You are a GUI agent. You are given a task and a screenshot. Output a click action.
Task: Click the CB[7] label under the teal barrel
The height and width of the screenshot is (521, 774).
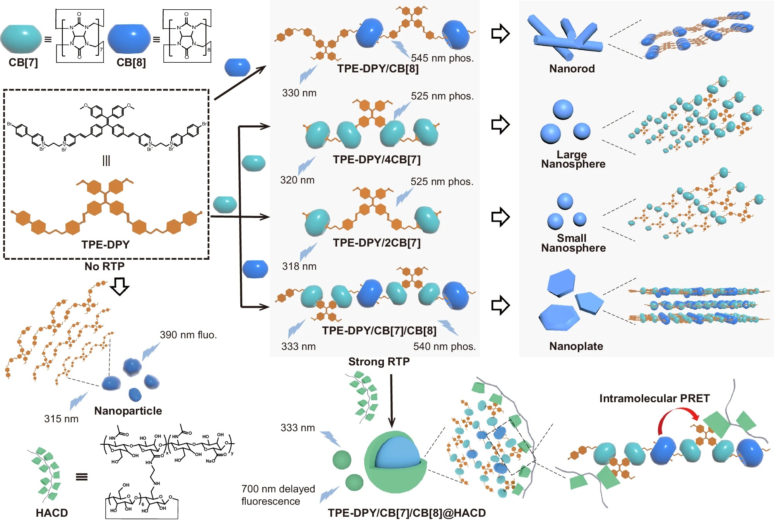point(23,62)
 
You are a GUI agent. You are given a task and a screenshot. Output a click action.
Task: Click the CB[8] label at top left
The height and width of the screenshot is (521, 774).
point(131,62)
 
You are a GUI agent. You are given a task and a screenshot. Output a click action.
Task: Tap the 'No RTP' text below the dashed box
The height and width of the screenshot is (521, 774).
point(104,266)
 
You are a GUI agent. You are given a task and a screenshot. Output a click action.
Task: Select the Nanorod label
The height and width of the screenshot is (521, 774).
point(572,69)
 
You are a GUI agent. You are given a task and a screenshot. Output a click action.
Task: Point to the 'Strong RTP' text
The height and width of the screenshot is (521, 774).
point(379,362)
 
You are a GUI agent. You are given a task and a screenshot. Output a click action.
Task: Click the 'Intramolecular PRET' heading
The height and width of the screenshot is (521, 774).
point(654,398)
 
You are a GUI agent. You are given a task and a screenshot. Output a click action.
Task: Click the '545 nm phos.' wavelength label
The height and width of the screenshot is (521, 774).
point(442,58)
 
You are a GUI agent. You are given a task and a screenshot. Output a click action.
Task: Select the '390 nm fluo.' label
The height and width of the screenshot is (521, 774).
point(188,335)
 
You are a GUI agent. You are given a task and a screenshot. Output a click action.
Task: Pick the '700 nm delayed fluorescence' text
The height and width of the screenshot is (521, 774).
point(278,495)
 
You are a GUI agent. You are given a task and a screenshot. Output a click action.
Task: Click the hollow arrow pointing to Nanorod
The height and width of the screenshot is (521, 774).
point(500,34)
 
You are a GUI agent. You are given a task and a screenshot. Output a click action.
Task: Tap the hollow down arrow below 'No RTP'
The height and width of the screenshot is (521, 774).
point(120,286)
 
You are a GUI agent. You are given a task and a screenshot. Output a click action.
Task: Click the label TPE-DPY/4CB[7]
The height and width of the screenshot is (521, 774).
point(377,159)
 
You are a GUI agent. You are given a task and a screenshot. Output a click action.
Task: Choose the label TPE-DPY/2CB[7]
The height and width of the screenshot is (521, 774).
point(377,243)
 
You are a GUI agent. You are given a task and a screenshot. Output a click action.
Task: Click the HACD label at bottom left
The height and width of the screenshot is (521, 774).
point(52,513)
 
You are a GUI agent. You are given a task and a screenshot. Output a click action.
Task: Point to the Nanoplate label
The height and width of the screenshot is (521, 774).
point(576,346)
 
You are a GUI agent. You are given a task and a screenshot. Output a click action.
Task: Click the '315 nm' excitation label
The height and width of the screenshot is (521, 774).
point(61,419)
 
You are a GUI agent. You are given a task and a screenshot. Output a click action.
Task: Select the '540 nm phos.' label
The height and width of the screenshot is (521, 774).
point(444,346)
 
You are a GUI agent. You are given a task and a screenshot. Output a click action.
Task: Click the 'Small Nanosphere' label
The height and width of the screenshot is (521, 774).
point(573,243)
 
